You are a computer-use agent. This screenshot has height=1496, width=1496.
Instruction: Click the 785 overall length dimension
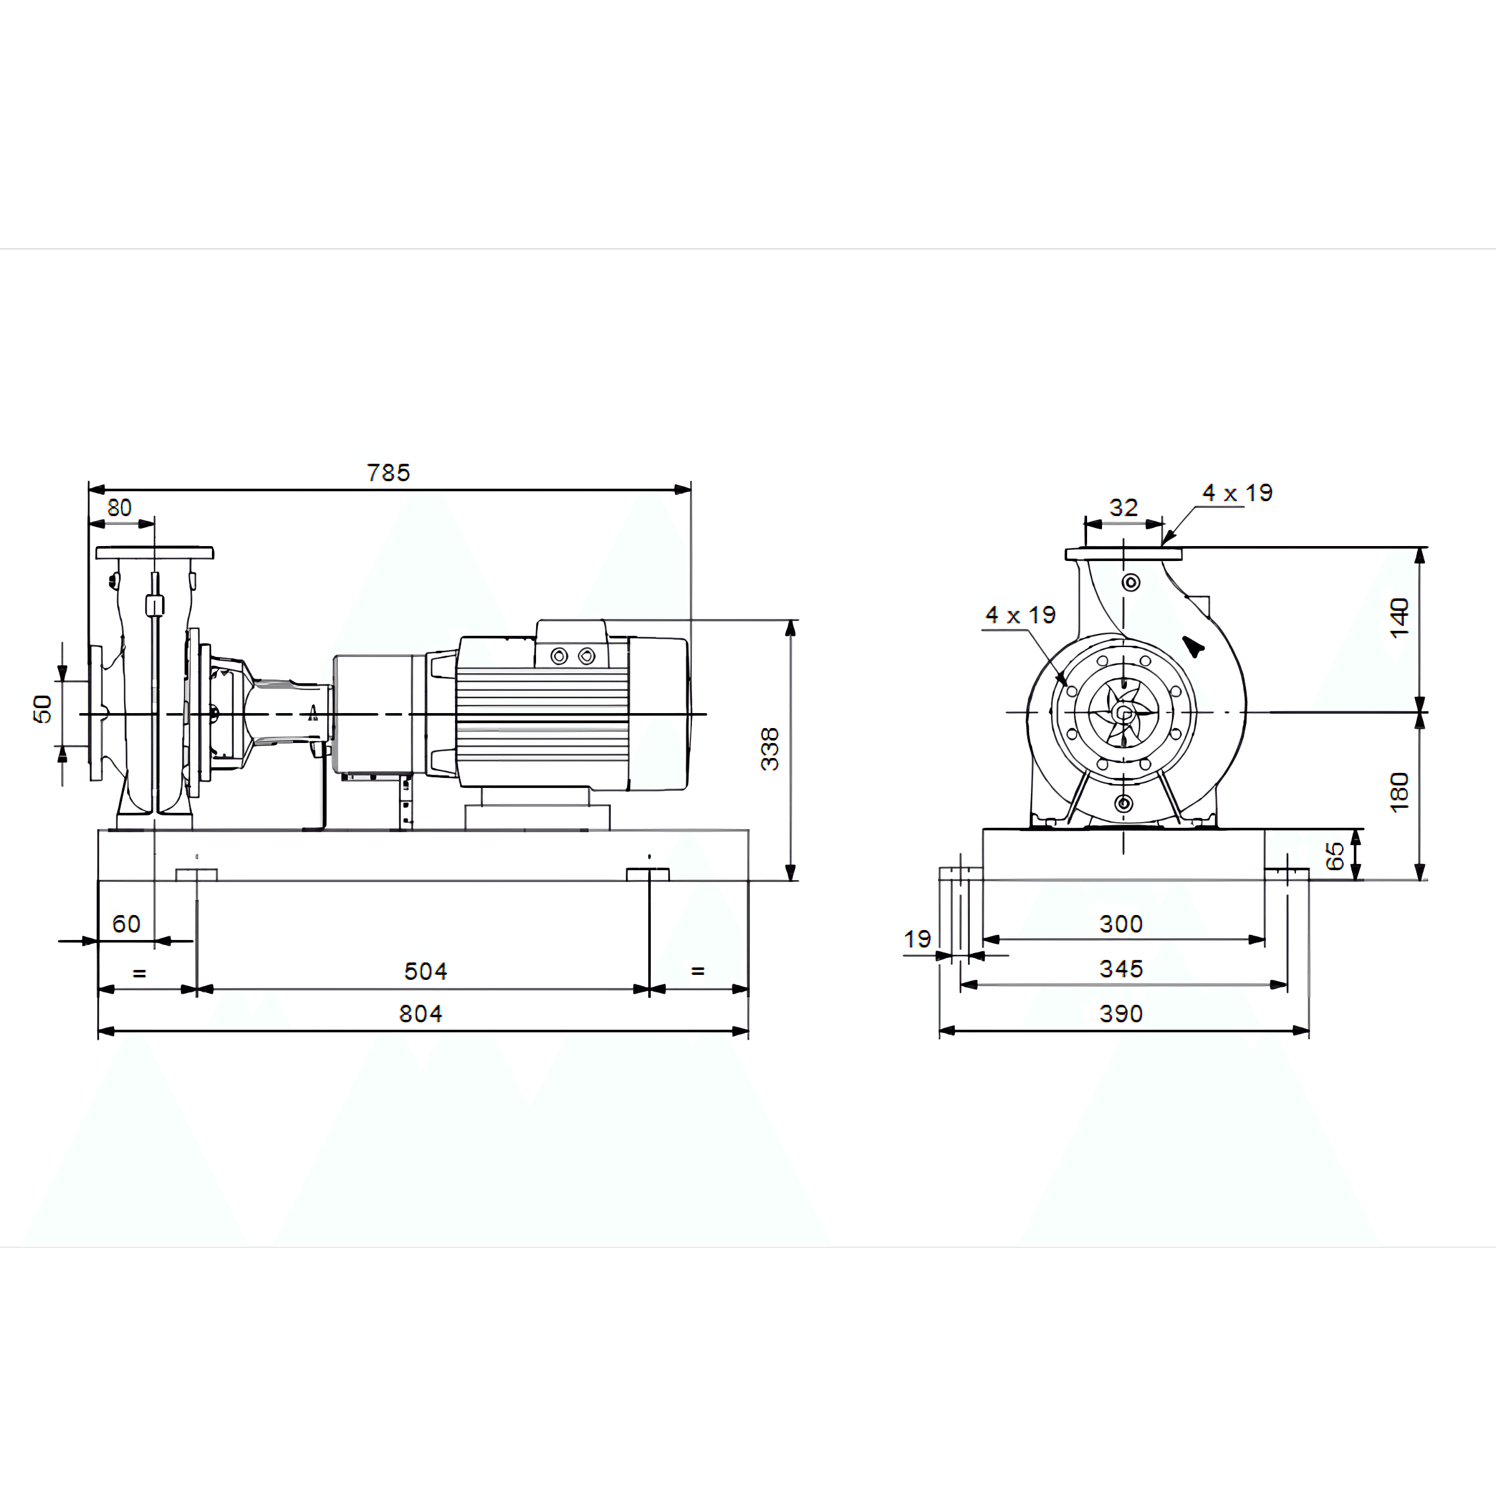tap(388, 472)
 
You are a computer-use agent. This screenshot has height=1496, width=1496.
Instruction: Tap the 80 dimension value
tap(119, 508)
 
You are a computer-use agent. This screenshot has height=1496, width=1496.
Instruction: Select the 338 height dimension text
tap(769, 749)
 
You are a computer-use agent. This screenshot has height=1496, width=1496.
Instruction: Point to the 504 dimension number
tap(425, 971)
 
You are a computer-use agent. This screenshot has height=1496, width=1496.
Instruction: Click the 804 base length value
tap(421, 1014)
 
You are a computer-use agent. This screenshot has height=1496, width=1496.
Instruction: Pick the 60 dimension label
tap(126, 924)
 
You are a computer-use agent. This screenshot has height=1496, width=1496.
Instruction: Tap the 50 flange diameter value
tap(42, 709)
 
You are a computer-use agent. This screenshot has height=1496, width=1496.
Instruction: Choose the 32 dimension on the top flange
tap(1123, 508)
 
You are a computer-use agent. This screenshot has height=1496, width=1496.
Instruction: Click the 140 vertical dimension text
tap(1398, 617)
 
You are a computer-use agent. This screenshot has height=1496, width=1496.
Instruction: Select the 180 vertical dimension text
tap(1398, 792)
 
